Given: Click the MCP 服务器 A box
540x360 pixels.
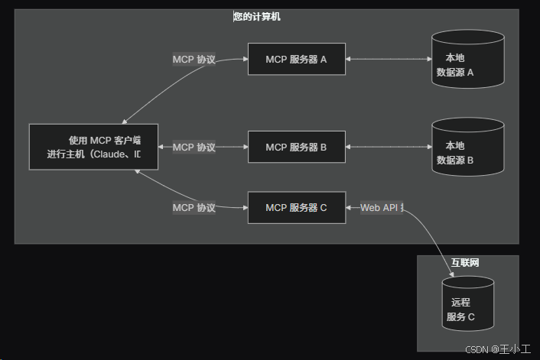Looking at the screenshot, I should tap(296, 60).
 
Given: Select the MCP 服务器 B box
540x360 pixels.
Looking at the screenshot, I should tap(296, 147).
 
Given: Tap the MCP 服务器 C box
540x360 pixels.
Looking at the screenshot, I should tap(296, 207).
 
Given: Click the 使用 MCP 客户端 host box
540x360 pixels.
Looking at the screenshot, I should tap(93, 147).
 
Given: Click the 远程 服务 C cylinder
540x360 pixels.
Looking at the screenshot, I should tap(467, 305).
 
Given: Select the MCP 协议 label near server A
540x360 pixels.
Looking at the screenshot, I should tap(194, 60).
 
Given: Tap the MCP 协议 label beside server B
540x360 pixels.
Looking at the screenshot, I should tap(194, 147).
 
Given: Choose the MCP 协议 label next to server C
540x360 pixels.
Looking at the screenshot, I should tap(194, 207).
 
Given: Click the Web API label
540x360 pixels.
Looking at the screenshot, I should tap(382, 207).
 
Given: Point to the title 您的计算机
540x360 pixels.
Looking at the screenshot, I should tap(257, 16).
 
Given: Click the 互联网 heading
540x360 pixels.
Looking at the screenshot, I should tap(465, 263).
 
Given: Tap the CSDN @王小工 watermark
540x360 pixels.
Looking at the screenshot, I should tap(498, 349).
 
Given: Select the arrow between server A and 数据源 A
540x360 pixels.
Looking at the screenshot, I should tap(388, 60).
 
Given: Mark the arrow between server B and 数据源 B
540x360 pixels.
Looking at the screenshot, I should tap(388, 147).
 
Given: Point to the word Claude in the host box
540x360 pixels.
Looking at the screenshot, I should tap(113, 154).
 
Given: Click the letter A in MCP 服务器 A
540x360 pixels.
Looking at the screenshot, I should tap(324, 60).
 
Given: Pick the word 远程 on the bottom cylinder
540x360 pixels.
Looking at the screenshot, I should tap(460, 303).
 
